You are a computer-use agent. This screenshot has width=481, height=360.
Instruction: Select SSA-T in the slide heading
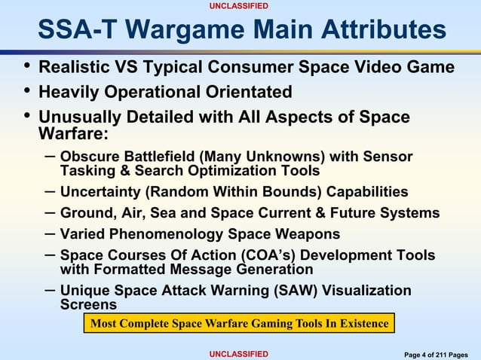tap(74, 30)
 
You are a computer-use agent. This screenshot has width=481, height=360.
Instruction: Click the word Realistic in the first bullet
tap(74, 68)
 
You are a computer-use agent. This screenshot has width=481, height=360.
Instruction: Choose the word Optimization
tap(217, 171)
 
